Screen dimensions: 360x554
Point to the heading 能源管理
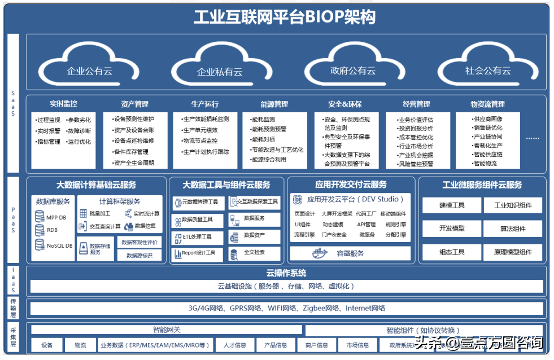click(274, 104)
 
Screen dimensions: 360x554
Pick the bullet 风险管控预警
click(416, 164)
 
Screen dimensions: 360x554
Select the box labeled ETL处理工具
click(197, 237)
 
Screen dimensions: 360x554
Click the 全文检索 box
click(254, 253)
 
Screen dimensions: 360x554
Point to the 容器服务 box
click(350, 253)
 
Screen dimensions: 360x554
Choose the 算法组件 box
click(513, 229)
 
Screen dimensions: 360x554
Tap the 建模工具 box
click(452, 205)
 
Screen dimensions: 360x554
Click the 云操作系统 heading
click(286, 273)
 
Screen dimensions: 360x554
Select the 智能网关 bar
click(166, 330)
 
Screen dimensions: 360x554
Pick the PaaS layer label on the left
click(13, 220)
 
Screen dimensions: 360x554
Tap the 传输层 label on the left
click(13, 308)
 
